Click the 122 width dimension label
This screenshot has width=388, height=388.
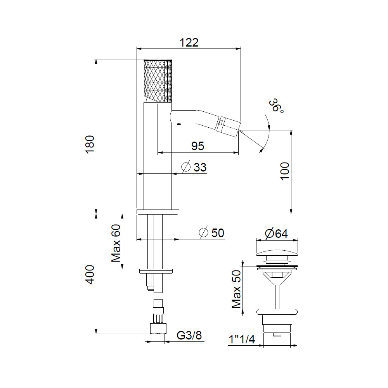pos(189,43)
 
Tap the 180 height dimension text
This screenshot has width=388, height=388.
pos(90,144)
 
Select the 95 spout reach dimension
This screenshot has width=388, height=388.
pos(198,146)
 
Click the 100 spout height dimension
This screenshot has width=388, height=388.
pos(285,171)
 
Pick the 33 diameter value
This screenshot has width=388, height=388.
pos(200,167)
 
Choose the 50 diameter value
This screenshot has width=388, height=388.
pos(218,233)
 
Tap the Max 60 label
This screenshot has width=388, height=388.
pos(116,243)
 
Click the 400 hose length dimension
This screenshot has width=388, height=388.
pos(90,275)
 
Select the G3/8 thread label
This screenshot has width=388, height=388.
pos(189,335)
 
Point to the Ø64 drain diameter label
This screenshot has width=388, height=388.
pos(276,233)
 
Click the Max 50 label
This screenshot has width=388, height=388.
pos(236,289)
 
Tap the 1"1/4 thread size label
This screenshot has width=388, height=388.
pos(242,339)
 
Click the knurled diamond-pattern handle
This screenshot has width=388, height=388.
pos(158,80)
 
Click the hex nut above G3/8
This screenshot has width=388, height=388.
pos(158,329)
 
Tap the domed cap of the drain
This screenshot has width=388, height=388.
pos(277,253)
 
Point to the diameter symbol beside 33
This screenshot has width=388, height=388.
pos(186,167)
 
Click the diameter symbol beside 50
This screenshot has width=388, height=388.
pos(203,232)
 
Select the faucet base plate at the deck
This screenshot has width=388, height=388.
pos(158,212)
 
